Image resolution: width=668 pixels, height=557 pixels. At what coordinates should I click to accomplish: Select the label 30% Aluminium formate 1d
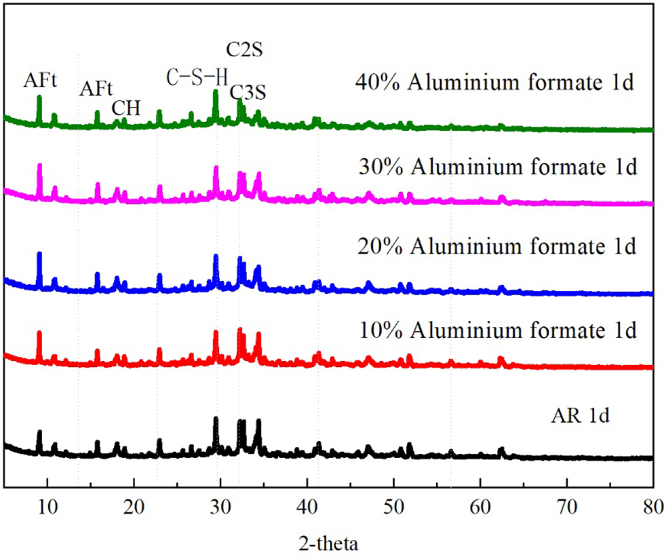pyautogui.click(x=498, y=167)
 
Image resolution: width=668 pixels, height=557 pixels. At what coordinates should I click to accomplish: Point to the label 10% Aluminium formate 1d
pyautogui.click(x=498, y=330)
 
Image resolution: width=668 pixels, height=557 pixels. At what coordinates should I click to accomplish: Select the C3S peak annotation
pyautogui.click(x=248, y=93)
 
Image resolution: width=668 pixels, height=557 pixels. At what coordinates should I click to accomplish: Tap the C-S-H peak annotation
pyautogui.click(x=197, y=77)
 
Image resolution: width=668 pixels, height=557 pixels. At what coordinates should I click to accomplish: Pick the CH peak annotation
pyautogui.click(x=126, y=107)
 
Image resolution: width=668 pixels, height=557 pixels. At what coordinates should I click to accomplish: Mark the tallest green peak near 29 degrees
pyautogui.click(x=215, y=93)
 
